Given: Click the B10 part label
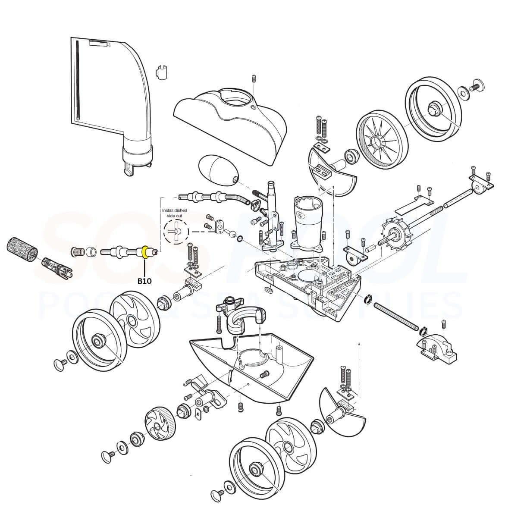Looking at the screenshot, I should click(x=144, y=281).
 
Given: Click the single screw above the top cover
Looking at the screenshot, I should click(x=254, y=78).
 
